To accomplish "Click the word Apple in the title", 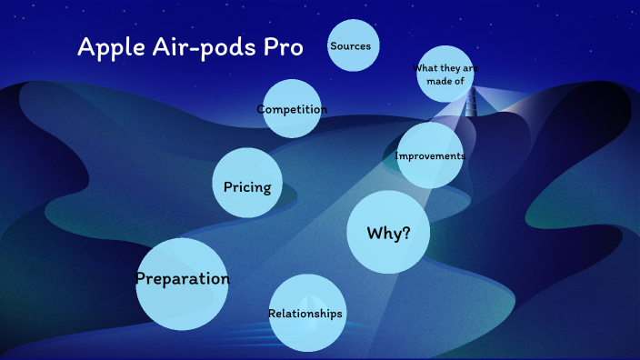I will (106, 47).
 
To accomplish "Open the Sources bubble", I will (353, 45).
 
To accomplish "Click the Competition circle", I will (292, 109).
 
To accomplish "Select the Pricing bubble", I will (246, 185).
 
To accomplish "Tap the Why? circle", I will (388, 233).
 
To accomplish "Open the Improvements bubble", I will (431, 155).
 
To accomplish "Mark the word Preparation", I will (182, 279).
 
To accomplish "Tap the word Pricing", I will (246, 187).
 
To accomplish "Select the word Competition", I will (292, 110).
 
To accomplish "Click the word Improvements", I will (431, 156).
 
